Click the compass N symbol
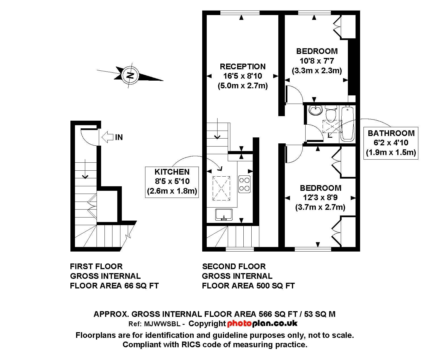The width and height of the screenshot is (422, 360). coord(130,75)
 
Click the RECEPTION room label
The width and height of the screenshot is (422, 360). coord(243,66)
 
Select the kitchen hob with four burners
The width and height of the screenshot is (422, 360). coord(244,184)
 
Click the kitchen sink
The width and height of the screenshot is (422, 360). coord(224,215)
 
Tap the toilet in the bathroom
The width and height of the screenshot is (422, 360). coord(331,114)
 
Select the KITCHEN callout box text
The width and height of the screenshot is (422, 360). coord(172,181)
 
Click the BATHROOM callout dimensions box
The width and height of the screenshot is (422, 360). coord(391,143)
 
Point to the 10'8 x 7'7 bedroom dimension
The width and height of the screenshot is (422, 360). coord(317,61)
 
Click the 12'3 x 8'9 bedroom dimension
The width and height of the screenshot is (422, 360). coord(320,197)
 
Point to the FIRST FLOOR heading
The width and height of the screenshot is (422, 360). coord(96,266)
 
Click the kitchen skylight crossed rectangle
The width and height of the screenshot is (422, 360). coord(222,188)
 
